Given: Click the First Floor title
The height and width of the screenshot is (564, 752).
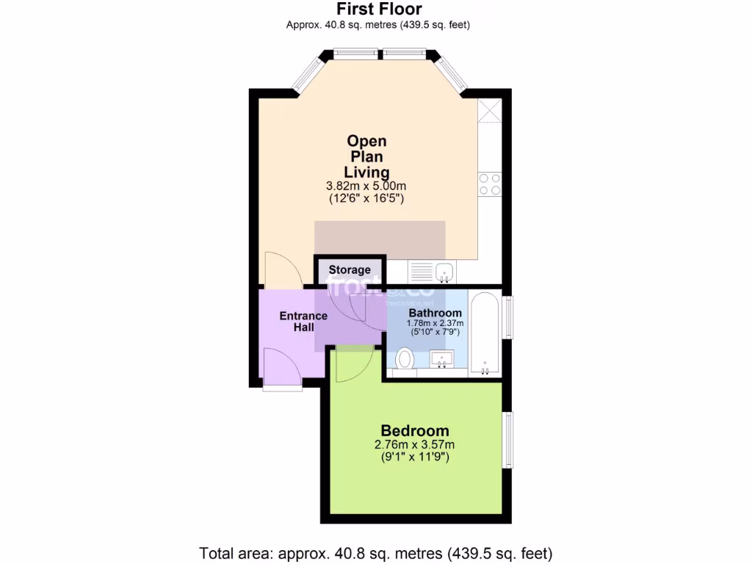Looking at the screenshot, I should [378, 10].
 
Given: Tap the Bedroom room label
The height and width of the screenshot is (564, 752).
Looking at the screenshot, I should [415, 430].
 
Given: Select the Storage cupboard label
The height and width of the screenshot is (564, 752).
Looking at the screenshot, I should [350, 270].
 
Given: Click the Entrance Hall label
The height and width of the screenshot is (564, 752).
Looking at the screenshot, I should [303, 321].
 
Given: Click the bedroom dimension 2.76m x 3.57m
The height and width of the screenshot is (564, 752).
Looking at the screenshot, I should [415, 444].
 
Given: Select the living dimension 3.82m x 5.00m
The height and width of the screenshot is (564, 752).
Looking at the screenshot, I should [366, 185].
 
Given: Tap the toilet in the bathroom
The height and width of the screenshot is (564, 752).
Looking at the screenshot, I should [404, 360].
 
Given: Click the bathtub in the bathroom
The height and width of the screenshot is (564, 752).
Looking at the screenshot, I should [485, 334].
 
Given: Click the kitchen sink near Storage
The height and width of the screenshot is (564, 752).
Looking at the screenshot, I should [444, 272].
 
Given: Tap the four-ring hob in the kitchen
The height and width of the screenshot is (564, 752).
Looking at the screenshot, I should [489, 184].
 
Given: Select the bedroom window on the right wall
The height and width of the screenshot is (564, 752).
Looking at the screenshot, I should [507, 439].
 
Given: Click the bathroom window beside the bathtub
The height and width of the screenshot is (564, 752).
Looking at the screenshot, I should [507, 317].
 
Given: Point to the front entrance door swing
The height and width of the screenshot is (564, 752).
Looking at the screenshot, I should [281, 367].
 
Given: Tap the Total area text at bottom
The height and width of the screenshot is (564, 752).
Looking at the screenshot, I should [376, 552].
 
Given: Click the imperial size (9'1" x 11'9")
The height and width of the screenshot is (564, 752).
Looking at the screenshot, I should [415, 457].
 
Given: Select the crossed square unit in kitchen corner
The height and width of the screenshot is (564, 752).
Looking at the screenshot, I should [489, 111].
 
